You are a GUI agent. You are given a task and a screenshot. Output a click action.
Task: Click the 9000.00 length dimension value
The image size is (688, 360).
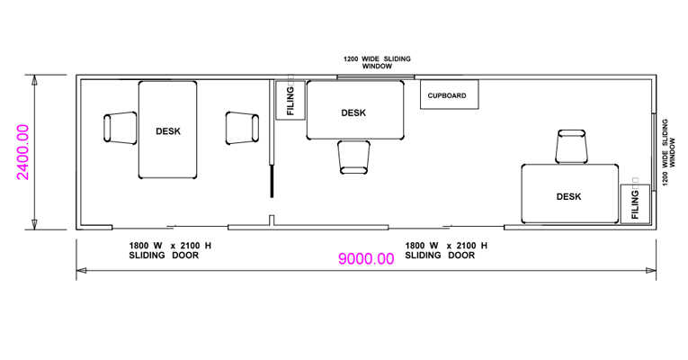tap(366, 258)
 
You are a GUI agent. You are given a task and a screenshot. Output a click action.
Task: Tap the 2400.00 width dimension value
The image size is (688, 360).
tap(22, 152)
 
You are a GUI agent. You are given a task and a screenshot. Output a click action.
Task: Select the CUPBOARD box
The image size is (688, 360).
tap(450, 94)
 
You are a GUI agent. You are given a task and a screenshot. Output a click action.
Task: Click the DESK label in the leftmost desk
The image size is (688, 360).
tap(168, 131)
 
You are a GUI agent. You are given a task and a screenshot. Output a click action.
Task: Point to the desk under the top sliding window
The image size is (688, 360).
tap(355, 110)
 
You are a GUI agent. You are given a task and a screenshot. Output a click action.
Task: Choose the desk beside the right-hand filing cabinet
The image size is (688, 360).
tap(570, 193)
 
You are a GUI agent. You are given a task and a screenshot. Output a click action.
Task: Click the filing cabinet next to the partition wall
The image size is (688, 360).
tap(290, 100)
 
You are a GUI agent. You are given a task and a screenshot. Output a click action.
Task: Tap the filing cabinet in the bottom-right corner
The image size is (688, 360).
tap(635, 203)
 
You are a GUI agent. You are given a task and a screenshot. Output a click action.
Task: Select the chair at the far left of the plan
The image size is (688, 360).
tap(121, 128)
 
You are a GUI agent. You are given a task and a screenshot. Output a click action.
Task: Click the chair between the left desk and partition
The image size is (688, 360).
tap(242, 128)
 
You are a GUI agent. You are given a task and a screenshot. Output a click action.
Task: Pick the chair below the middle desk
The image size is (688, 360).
tap(353, 157)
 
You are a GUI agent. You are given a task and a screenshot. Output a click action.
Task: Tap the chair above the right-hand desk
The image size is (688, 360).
tap(571, 147)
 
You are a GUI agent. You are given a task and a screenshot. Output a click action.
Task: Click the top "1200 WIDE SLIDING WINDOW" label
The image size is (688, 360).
tap(377, 62)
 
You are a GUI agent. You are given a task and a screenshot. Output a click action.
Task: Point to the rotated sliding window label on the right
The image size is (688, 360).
tap(669, 152)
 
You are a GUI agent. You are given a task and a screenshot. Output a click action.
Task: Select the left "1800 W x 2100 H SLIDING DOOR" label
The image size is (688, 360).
tap(170, 250)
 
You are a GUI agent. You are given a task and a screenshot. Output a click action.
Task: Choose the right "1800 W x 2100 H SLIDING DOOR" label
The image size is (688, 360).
tap(446, 250)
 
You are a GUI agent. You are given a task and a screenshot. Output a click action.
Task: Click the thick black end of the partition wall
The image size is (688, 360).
tap(272, 181)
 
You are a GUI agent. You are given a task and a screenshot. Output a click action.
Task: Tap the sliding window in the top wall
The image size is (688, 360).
tap(376, 77)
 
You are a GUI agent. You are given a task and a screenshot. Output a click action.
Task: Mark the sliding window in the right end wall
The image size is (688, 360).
tap(653, 152)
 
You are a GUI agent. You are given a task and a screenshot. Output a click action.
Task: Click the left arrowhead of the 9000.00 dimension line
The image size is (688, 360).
tap(81, 270)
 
